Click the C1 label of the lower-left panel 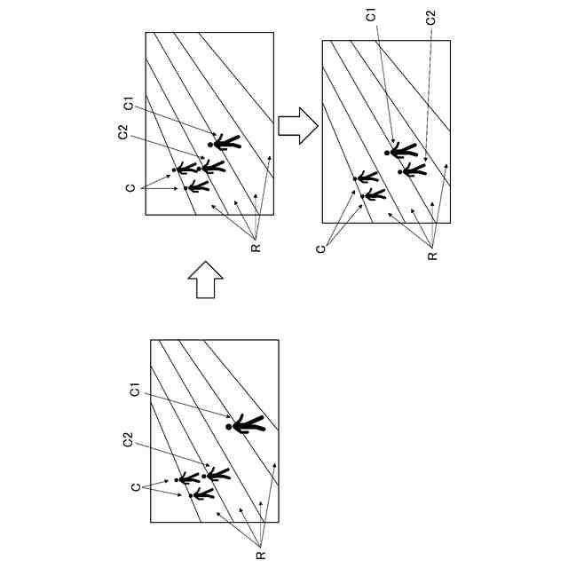[x=135, y=390]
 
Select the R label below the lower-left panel [x=257, y=556]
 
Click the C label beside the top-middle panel [x=130, y=187]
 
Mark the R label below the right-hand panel [x=432, y=256]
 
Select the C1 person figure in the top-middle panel [x=225, y=142]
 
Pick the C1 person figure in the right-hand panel [x=403, y=150]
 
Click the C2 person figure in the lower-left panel [x=217, y=475]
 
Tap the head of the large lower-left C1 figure [x=229, y=427]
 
